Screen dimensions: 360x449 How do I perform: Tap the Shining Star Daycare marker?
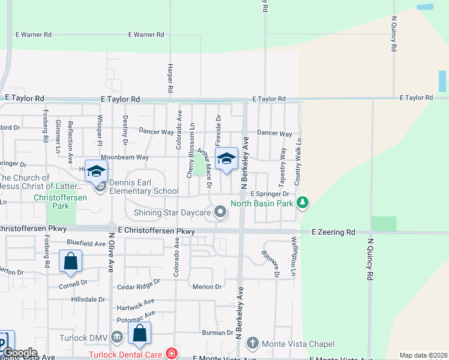(221, 211)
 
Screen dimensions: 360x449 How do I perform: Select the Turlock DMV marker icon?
(117, 338)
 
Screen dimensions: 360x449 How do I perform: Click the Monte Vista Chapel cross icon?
(253, 344)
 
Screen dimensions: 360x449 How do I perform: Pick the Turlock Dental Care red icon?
(172, 354)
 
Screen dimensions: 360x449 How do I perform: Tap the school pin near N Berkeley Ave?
(226, 160)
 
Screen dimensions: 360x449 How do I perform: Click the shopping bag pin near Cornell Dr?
(70, 262)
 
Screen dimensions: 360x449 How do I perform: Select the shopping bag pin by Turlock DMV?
(139, 334)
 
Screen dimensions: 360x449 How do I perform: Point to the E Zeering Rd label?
(333, 232)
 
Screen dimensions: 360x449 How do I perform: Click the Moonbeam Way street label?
(124, 157)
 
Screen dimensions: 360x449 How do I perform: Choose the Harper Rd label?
(171, 78)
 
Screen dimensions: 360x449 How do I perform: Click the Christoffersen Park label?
(61, 197)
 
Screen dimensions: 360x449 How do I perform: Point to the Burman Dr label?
(217, 332)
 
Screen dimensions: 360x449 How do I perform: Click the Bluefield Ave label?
(86, 244)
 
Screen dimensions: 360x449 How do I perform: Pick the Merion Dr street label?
(208, 287)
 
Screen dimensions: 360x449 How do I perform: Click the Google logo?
(19, 353)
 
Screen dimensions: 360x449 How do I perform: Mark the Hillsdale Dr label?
(88, 299)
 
